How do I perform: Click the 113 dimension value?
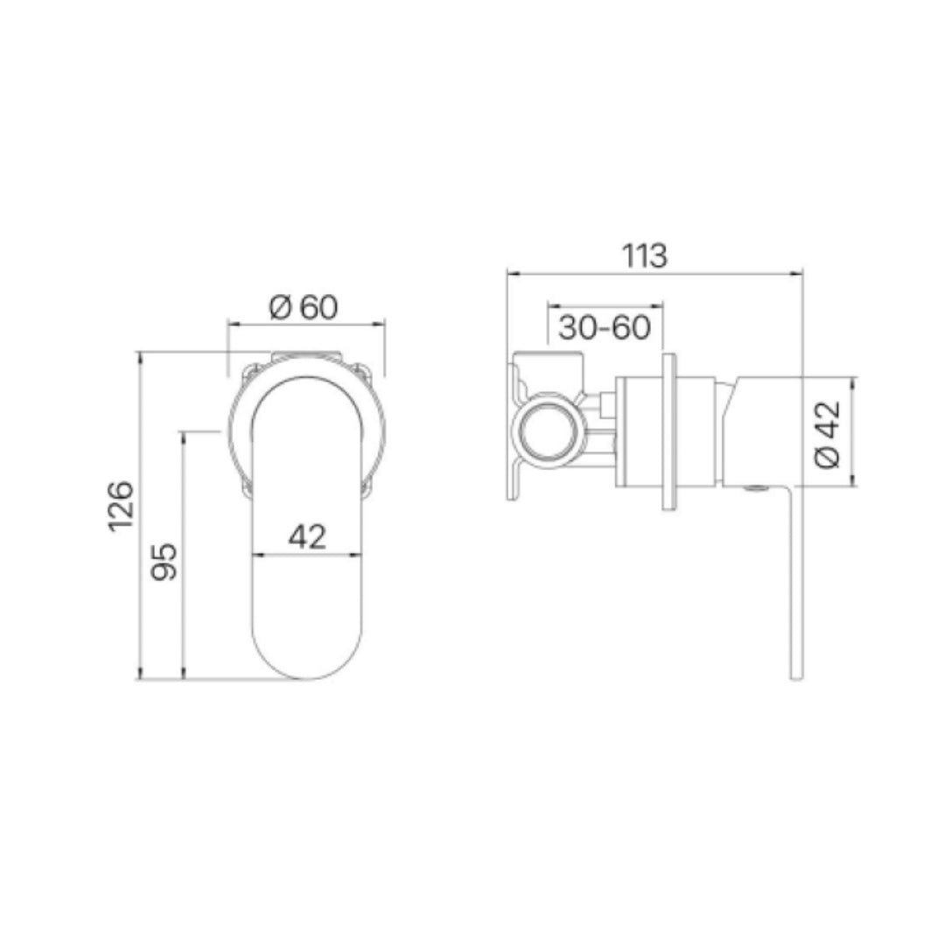(x=645, y=255)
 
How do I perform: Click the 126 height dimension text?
(x=120, y=505)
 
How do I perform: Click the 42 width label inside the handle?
(x=306, y=536)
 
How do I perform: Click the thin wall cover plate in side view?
(x=668, y=430)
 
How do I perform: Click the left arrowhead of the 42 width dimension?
(x=255, y=554)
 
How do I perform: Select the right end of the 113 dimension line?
(x=803, y=274)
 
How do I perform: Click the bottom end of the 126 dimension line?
(x=139, y=678)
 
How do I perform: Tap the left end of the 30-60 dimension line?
(x=548, y=306)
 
